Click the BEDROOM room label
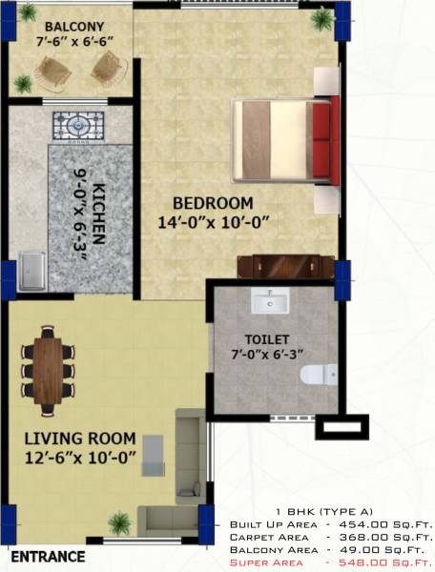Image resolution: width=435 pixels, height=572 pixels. coord(213,203)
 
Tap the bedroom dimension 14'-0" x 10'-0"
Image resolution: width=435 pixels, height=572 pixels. coord(216,223)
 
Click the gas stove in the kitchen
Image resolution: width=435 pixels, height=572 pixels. coord(78,125)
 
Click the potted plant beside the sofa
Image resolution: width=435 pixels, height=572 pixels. coord(120,521)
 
